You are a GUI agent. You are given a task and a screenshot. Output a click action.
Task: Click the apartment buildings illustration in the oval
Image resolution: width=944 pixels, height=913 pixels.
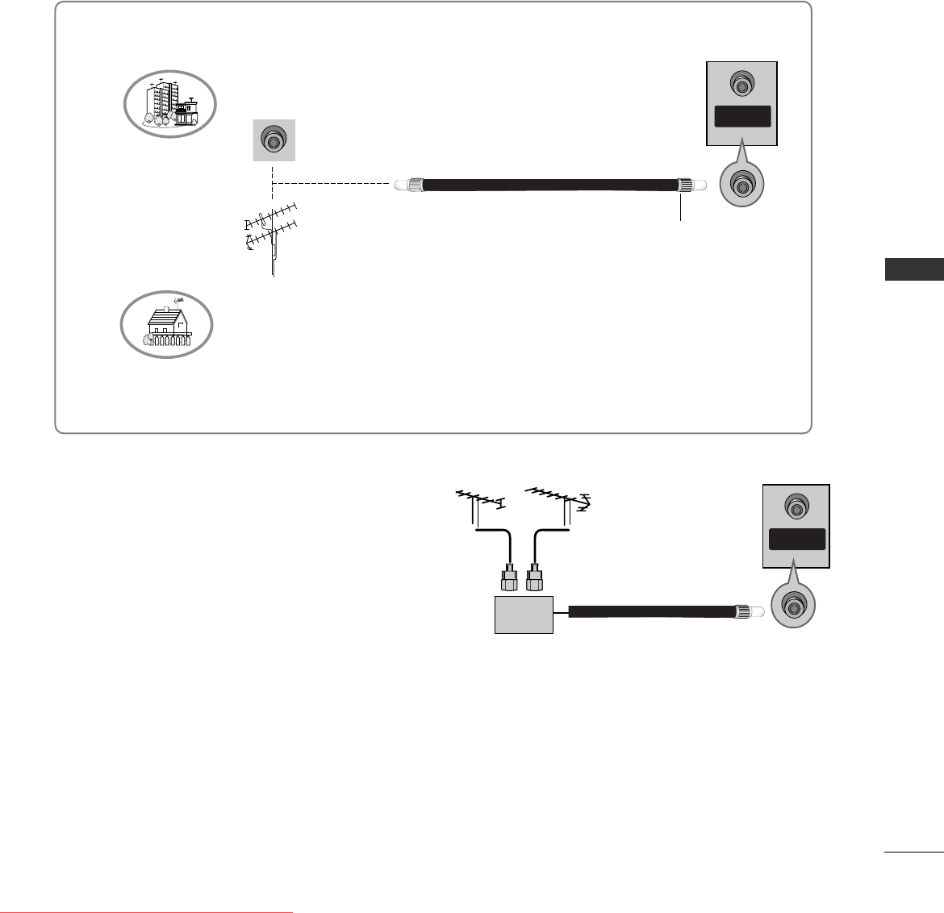tap(170, 103)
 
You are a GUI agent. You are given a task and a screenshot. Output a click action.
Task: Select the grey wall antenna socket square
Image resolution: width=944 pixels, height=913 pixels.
tap(274, 141)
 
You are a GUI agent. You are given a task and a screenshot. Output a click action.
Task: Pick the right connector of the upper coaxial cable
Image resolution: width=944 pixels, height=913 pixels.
tap(686, 185)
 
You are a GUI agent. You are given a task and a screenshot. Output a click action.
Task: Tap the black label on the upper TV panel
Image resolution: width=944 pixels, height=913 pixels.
tap(741, 117)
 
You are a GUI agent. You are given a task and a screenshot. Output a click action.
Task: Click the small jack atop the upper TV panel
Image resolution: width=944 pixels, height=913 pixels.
tap(741, 83)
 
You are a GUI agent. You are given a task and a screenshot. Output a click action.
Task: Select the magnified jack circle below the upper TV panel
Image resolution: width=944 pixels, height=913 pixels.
tap(741, 186)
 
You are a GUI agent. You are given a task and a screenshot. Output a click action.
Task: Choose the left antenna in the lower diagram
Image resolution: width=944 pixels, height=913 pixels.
tap(479, 503)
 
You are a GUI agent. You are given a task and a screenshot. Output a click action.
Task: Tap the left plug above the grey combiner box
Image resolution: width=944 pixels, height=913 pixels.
tap(510, 578)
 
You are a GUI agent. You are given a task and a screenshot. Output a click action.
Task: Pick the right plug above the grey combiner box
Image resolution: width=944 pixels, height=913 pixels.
tap(533, 578)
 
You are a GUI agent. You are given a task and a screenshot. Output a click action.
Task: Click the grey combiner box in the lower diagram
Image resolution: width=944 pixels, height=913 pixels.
tap(524, 615)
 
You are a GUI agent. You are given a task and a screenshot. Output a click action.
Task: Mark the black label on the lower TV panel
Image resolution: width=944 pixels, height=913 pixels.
tap(796, 539)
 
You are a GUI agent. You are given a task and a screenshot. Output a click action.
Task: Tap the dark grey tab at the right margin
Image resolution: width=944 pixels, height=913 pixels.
tap(914, 269)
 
